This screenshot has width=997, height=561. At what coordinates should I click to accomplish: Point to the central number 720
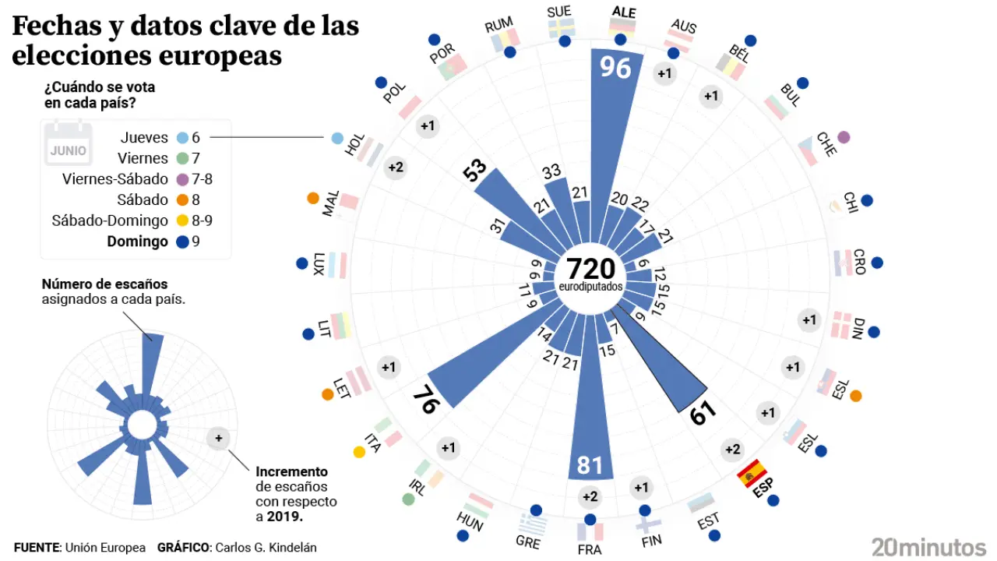pyautogui.click(x=590, y=269)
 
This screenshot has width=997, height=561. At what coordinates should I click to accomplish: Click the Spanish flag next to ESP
pyautogui.click(x=752, y=472)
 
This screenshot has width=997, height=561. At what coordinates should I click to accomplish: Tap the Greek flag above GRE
pyautogui.click(x=534, y=520)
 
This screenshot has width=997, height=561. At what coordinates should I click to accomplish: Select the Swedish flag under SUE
pyautogui.click(x=561, y=28)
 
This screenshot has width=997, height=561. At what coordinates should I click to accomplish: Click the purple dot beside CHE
pyautogui.click(x=843, y=137)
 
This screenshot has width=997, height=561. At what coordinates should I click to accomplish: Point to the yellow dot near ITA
pyautogui.click(x=359, y=451)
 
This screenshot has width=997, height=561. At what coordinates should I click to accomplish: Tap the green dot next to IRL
pyautogui.click(x=408, y=499)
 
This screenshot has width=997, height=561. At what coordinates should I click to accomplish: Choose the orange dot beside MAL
pyautogui.click(x=313, y=198)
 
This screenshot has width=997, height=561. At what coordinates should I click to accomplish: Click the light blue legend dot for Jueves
pyautogui.click(x=181, y=138)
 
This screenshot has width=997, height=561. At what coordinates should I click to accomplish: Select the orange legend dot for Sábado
pyautogui.click(x=181, y=199)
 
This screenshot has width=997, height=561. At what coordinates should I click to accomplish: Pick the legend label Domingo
pyautogui.click(x=137, y=242)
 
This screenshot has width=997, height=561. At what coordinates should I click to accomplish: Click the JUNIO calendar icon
pyautogui.click(x=68, y=145)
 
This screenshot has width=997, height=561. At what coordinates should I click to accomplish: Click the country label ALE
pyautogui.click(x=624, y=12)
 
